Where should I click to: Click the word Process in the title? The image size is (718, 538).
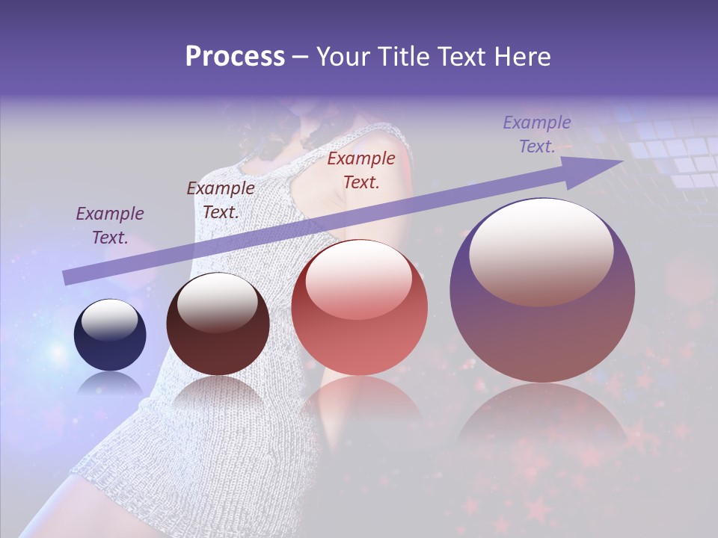click(235, 57)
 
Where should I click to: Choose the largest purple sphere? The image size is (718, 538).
click(542, 329)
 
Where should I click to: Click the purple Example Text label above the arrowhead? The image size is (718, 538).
click(537, 134)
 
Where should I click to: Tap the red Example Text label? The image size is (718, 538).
click(361, 170)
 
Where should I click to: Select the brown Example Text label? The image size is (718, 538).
click(221, 200)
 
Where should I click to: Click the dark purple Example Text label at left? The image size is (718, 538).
click(110, 226)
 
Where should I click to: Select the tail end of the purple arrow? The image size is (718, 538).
click(67, 278)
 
